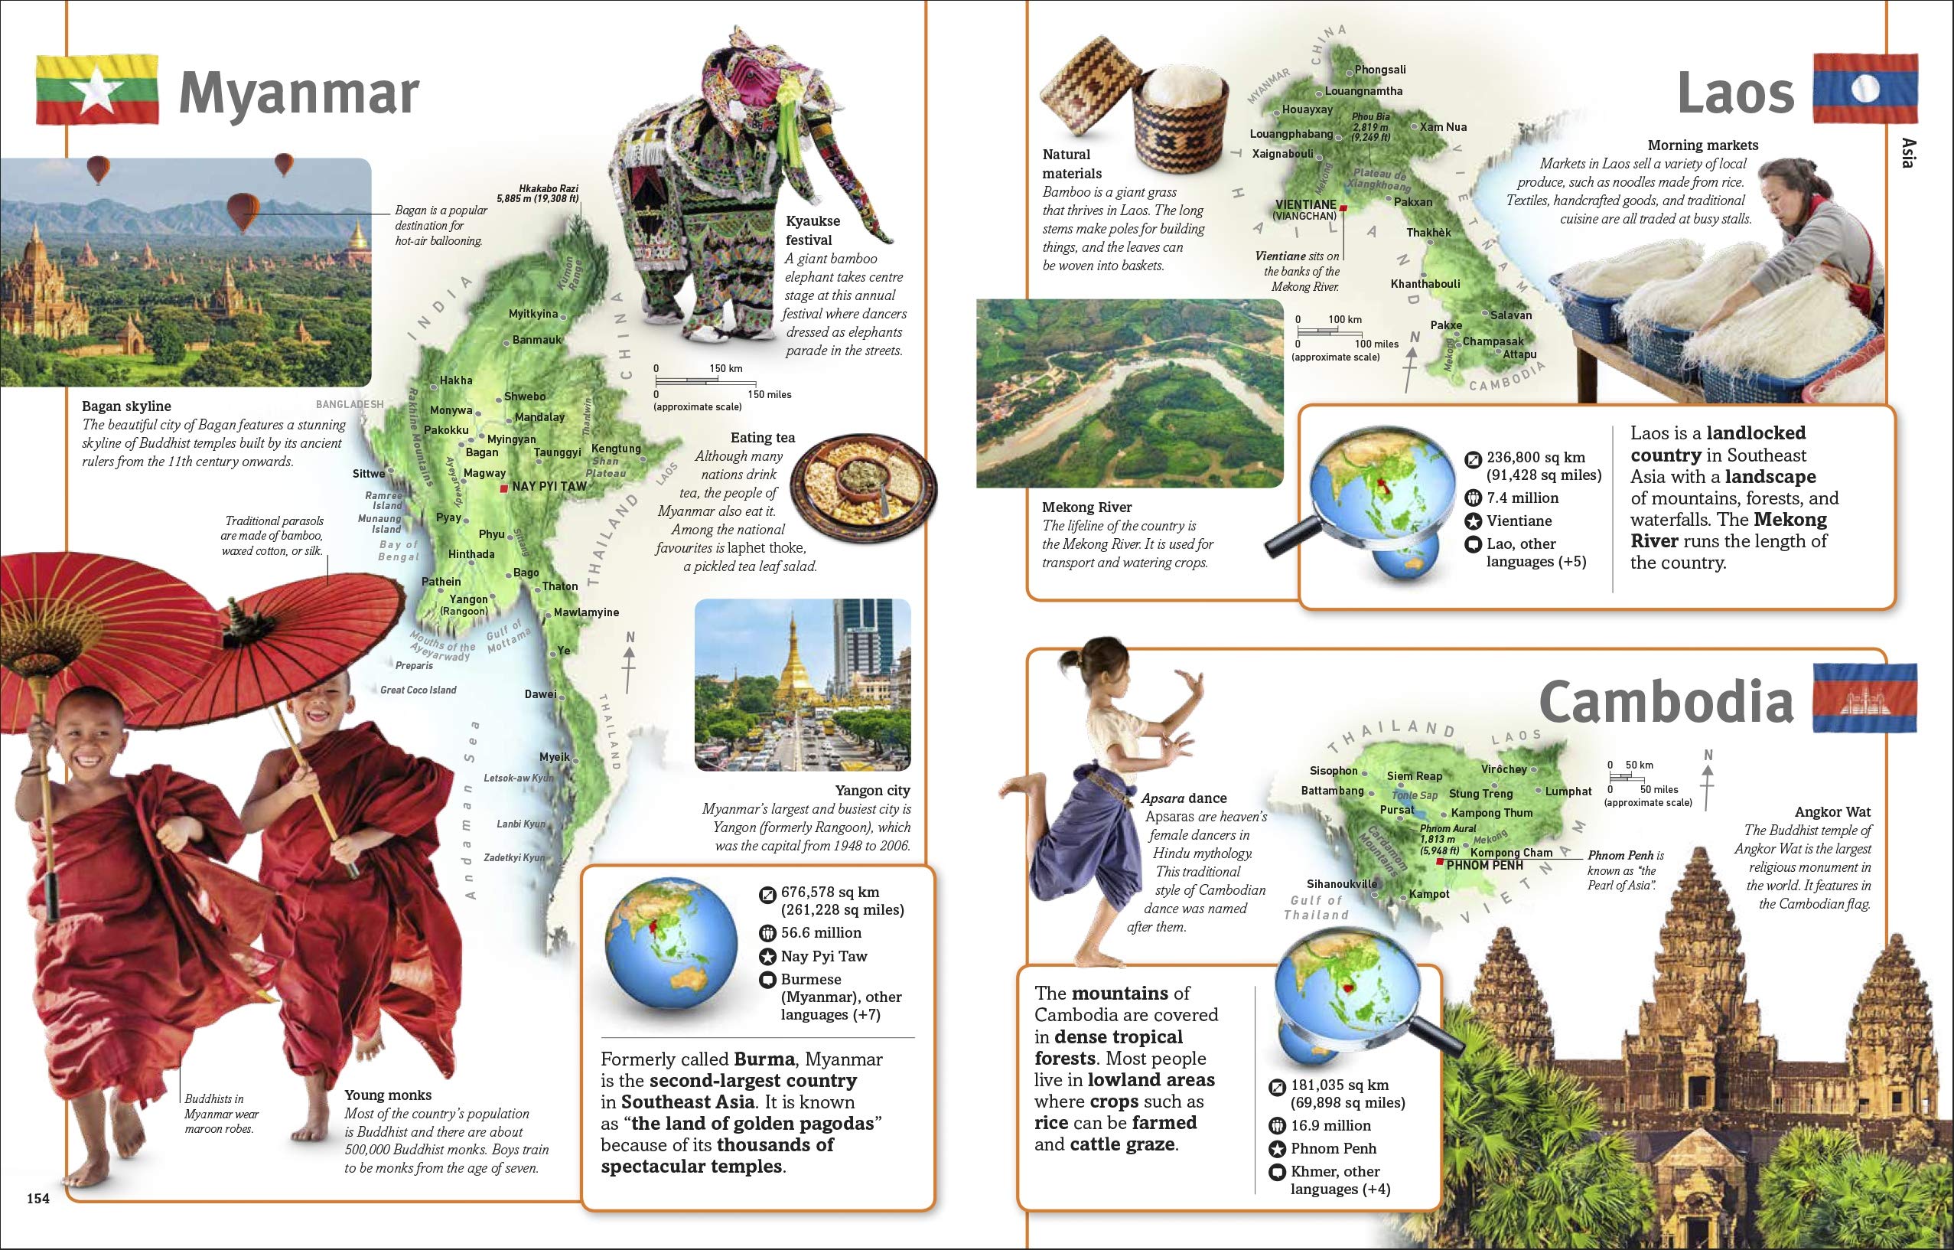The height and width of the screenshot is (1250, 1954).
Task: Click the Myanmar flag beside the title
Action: click(x=96, y=90)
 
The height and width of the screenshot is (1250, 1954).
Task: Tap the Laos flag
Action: click(x=1864, y=90)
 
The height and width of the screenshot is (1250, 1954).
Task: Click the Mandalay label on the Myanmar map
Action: click(x=539, y=417)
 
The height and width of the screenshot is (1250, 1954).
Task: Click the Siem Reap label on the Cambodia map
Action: click(x=1415, y=776)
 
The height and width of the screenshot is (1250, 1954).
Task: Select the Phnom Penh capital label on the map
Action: click(x=1485, y=865)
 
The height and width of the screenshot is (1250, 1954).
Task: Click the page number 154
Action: click(x=38, y=1198)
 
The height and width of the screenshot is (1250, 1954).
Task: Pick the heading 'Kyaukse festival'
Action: click(x=813, y=230)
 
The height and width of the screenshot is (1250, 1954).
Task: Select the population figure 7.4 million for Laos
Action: click(x=1522, y=498)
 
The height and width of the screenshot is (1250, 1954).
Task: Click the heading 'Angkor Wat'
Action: click(x=1832, y=811)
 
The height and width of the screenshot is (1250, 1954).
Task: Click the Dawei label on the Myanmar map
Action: click(x=539, y=694)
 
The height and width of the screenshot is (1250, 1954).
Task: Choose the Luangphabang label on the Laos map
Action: click(x=1290, y=134)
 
